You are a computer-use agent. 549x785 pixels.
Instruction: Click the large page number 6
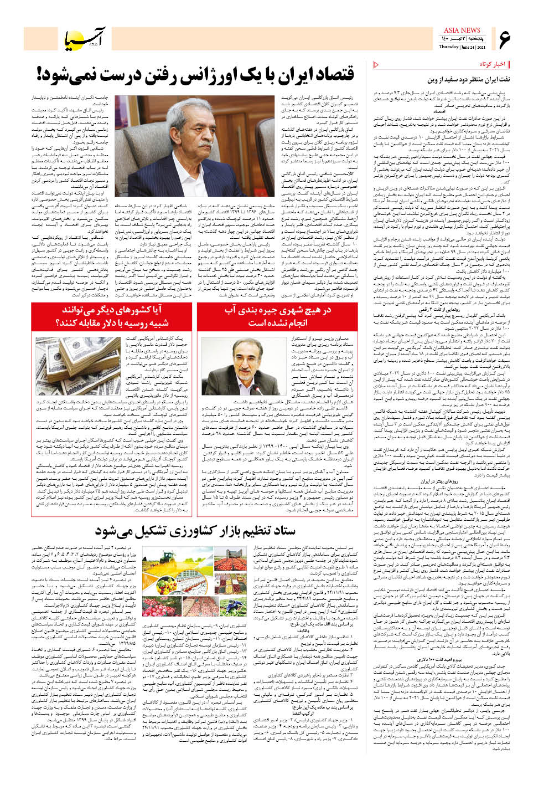click(x=504, y=39)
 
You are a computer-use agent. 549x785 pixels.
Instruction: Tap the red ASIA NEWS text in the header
click(x=462, y=30)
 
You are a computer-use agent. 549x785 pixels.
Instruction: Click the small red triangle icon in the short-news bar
click(x=377, y=65)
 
